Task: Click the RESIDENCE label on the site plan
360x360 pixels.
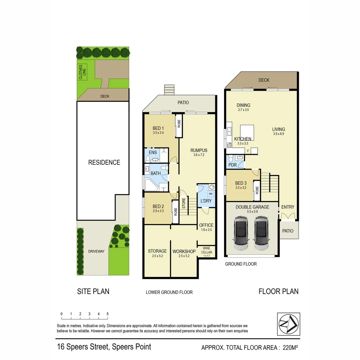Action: coord(104,163)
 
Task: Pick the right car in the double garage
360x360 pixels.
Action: coord(261,233)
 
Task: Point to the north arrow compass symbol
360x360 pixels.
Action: coord(288,324)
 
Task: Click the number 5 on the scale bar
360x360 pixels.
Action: coord(107,314)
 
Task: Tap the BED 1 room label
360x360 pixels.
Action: coord(158,128)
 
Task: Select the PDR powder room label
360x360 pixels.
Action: coord(232,165)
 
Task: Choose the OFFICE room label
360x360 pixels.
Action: coord(206,225)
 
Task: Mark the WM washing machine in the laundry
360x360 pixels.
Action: coord(210,194)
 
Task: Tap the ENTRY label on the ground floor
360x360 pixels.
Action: coord(288,207)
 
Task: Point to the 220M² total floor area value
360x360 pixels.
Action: coord(290,348)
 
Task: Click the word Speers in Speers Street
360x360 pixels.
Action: coord(78,347)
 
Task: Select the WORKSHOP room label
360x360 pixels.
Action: coord(184,251)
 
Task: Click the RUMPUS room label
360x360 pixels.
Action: coord(199,150)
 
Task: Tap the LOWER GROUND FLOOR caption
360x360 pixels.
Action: coord(169,292)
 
